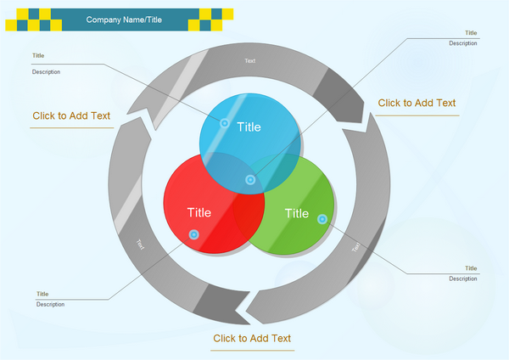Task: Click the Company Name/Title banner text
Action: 124,20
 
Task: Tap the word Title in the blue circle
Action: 249,127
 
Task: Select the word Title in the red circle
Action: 199,212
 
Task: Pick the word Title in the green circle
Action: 297,213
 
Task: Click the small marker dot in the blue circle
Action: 225,123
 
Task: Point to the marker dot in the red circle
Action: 194,234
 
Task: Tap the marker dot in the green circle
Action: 322,219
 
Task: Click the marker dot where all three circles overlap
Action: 250,180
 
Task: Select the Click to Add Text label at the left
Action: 71,115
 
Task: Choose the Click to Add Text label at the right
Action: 417,103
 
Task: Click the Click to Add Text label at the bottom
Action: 252,338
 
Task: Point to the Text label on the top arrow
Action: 250,60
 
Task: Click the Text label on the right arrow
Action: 356,247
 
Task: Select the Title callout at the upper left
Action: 38,56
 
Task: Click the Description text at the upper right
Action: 463,43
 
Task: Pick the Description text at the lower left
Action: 49,304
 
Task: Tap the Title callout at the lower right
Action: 471,268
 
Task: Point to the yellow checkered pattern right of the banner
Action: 216,19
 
